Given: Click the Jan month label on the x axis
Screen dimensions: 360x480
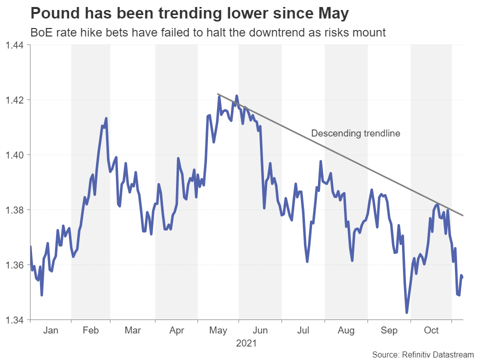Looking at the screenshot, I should point(50,330).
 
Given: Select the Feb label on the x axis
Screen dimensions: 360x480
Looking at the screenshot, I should point(90,330).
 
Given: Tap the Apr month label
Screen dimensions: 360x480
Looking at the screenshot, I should point(176,330).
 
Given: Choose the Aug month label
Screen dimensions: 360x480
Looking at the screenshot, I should point(346,330).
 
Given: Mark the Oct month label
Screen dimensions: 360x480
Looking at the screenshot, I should point(431,330).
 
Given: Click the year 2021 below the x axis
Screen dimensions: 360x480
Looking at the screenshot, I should point(246,344).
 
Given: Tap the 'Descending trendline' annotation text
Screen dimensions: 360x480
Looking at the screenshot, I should point(355,133).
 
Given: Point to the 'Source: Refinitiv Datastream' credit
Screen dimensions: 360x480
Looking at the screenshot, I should point(422,354).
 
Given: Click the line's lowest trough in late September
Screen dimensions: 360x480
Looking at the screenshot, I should point(406,313).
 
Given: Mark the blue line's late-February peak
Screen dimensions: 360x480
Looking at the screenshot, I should point(106,118).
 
